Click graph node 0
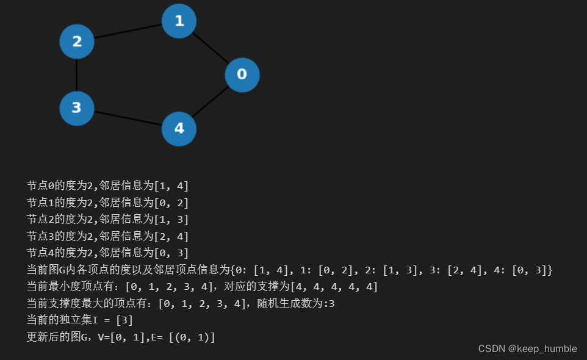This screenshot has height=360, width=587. point(242,74)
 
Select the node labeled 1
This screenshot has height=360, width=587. point(179,21)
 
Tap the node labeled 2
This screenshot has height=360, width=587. point(76,41)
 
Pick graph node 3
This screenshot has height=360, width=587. point(76,108)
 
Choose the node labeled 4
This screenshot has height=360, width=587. point(179,128)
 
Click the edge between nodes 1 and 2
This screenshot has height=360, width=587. point(128,31)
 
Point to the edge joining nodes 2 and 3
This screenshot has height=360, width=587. point(76,74)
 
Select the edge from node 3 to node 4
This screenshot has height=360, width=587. point(128,118)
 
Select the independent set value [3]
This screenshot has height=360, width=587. point(124,320)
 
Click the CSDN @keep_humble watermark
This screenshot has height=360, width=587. point(527,348)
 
